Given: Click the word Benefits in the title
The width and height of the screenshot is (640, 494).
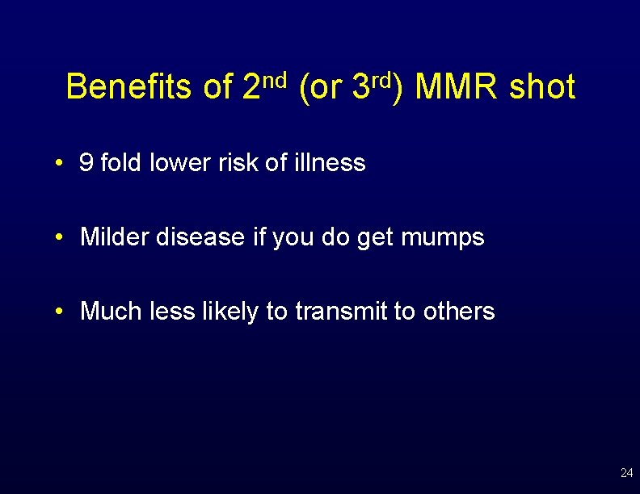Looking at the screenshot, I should (x=128, y=87).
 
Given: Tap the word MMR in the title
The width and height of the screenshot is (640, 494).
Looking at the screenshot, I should (x=457, y=87).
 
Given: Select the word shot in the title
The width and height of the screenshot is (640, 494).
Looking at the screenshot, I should (x=542, y=87).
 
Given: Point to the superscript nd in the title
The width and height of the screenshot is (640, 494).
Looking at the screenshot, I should (x=276, y=79).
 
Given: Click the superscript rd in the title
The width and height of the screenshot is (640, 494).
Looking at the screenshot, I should (x=382, y=79).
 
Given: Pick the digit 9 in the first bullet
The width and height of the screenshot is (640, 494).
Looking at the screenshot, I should (x=86, y=163).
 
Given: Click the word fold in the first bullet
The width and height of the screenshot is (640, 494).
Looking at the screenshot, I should (x=119, y=163).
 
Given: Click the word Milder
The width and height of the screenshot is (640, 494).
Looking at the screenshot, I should (x=116, y=237).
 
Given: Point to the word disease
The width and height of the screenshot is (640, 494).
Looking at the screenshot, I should (x=202, y=237).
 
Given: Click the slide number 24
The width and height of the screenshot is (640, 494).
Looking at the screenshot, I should (x=626, y=473).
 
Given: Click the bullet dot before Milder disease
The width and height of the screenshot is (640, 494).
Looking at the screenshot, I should (x=61, y=238).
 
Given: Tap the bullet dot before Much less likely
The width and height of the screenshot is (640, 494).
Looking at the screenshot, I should (x=61, y=312).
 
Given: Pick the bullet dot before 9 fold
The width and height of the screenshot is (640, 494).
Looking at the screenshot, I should (x=61, y=164).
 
